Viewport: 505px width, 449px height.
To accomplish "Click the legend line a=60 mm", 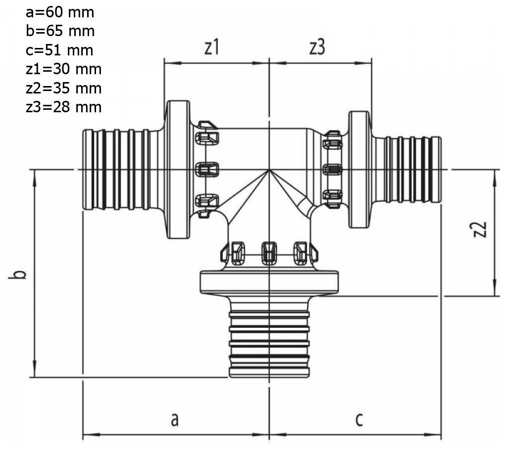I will tap(59, 12).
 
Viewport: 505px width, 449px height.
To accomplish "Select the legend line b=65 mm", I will tap(59, 31).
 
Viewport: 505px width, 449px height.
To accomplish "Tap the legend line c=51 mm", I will tap(59, 50).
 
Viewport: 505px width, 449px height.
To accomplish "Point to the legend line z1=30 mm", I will tap(63, 69).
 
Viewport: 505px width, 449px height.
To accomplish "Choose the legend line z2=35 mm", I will tap(63, 88).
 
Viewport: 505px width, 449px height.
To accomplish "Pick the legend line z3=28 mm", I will tap(63, 107).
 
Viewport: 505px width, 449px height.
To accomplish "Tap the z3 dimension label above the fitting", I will tap(317, 48).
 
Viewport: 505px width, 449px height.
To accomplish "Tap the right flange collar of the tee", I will tap(360, 170).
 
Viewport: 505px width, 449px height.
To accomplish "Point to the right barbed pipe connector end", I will tap(412, 170).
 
